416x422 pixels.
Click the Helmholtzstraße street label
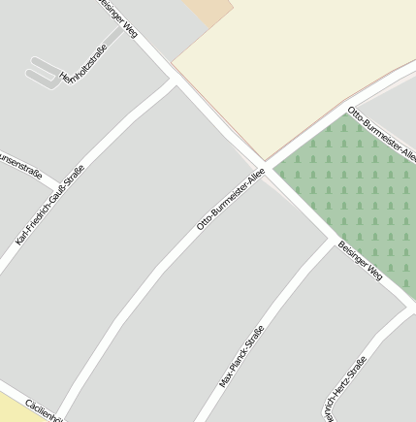click(x=81, y=63)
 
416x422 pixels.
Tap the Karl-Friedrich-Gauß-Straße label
click(x=50, y=204)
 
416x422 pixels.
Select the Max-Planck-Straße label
click(x=241, y=357)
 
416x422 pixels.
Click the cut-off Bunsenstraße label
click(x=19, y=165)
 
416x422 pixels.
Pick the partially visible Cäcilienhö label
click(x=44, y=411)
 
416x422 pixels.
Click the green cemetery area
click(x=359, y=194)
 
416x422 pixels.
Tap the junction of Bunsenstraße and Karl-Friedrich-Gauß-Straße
click(x=54, y=184)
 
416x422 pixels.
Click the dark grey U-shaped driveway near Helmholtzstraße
click(x=44, y=73)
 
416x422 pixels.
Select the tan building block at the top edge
click(x=208, y=10)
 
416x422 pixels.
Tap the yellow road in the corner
click(x=15, y=407)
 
